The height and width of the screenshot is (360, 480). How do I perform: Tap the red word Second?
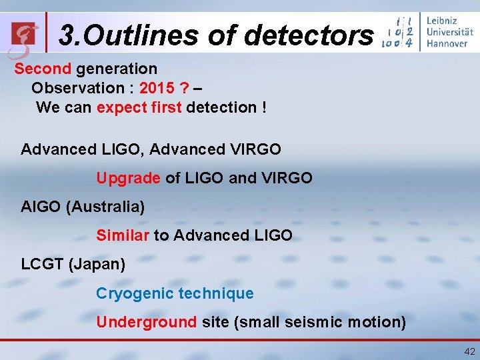(43, 69)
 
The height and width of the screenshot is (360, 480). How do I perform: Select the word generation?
(117, 69)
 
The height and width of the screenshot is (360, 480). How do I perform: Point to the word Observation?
(78, 88)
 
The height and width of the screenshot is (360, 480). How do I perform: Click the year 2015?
(158, 88)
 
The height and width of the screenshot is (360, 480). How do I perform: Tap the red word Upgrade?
(128, 179)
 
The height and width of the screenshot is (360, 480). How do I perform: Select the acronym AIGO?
(41, 207)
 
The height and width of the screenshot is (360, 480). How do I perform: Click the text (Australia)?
(105, 207)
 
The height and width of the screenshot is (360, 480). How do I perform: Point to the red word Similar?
(123, 235)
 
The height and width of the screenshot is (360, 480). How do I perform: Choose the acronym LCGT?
(43, 264)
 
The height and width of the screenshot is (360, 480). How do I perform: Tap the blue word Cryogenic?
(136, 293)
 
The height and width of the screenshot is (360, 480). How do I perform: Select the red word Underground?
(146, 322)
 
